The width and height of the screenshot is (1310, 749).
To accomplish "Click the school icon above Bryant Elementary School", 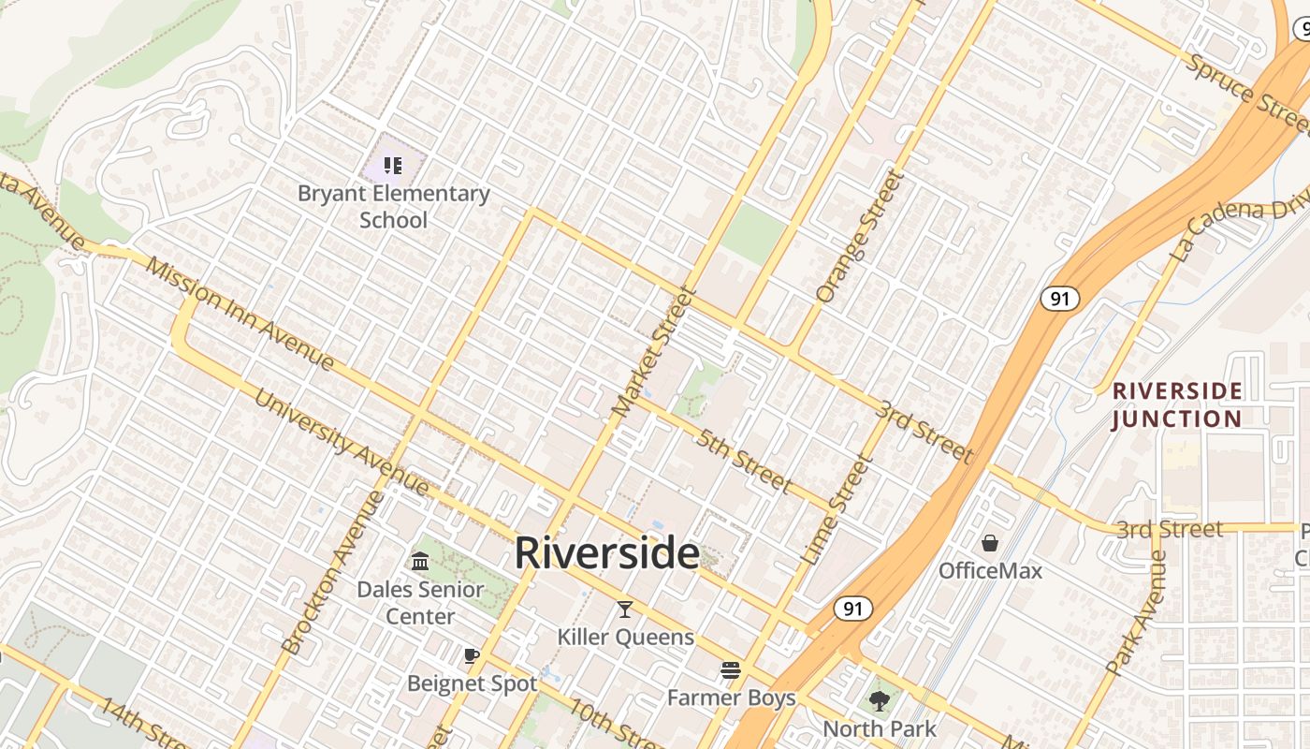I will (x=393, y=166).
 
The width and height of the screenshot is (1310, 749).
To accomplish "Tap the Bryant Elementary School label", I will (x=393, y=207).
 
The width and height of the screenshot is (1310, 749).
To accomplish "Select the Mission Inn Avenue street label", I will (x=240, y=314).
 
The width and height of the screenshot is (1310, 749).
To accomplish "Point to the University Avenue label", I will (x=342, y=444).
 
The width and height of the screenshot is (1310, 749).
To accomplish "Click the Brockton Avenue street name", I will (x=332, y=573).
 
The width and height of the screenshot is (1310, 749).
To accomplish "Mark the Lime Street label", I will (x=836, y=509).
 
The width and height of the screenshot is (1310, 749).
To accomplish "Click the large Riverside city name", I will (x=606, y=553).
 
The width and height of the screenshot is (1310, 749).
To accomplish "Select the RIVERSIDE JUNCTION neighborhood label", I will (x=1177, y=404).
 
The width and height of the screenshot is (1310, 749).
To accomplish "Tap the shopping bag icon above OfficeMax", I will (x=989, y=543).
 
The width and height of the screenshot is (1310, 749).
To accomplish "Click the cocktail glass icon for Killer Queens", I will (x=625, y=610).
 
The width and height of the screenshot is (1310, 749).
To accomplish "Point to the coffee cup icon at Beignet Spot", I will (x=472, y=655).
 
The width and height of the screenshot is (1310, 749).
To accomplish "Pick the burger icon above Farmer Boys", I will (x=731, y=670).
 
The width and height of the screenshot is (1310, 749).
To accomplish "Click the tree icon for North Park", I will (x=879, y=700).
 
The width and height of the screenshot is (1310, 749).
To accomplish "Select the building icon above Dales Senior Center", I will (x=420, y=562).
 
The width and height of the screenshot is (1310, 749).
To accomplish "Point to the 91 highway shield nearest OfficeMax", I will (x=852, y=609).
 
